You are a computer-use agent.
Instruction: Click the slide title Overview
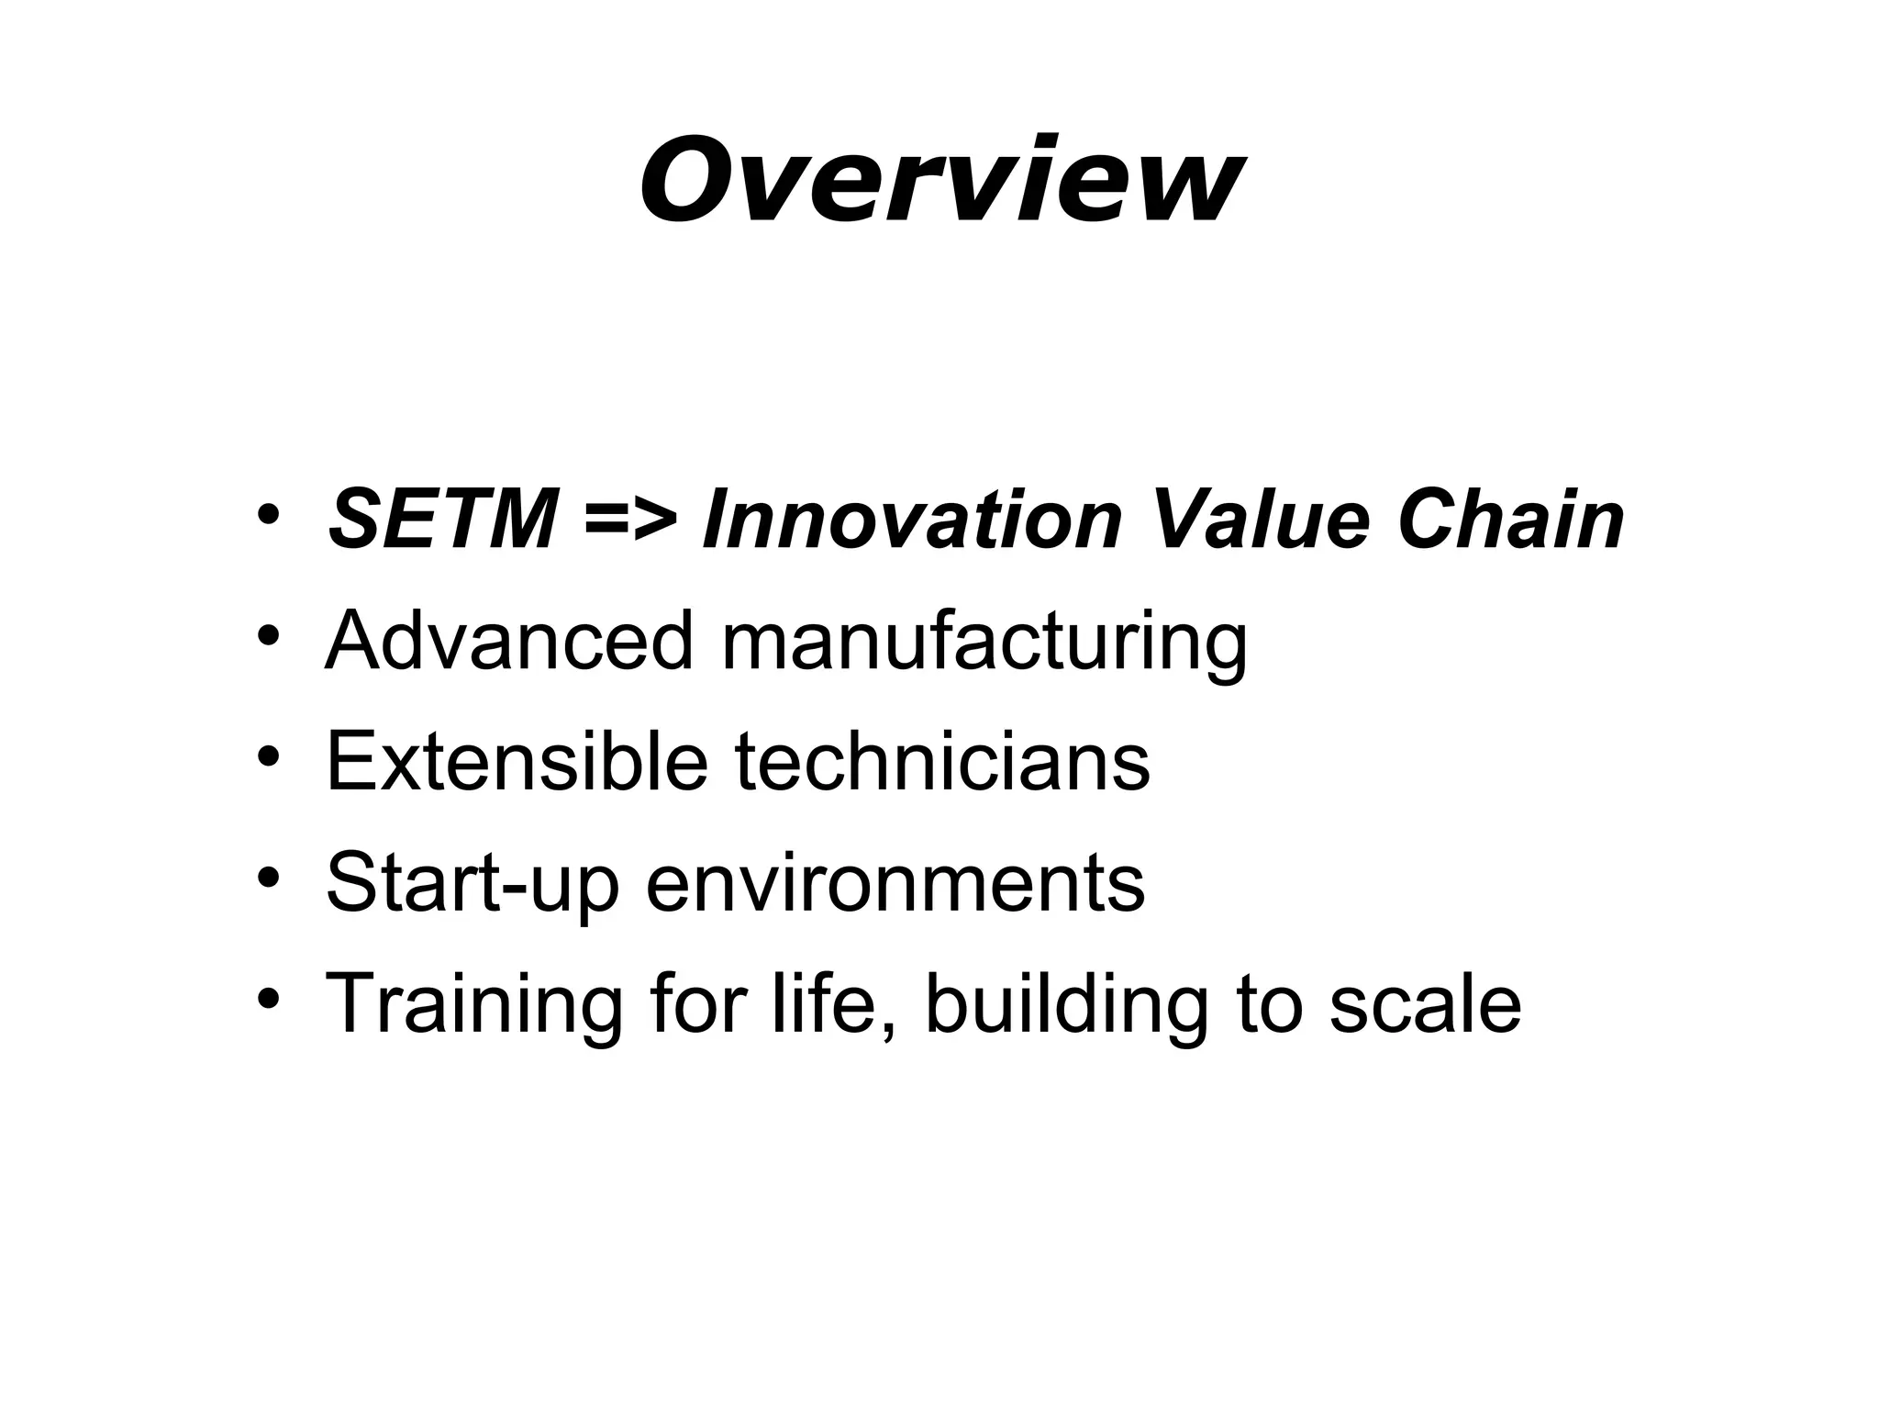coord(940,180)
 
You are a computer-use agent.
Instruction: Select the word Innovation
coord(911,520)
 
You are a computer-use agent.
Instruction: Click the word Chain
coord(1511,520)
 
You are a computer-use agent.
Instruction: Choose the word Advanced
coord(509,641)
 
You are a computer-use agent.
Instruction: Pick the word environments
coord(895,883)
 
